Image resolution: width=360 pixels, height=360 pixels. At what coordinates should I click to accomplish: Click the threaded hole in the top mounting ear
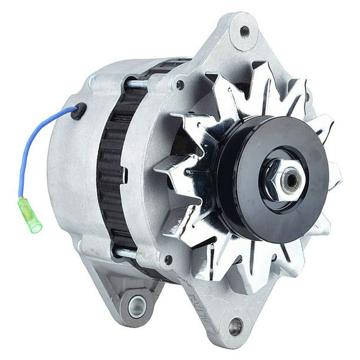click(x=244, y=31)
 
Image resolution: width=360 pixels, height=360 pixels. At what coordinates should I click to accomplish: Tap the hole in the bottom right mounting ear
click(x=235, y=325)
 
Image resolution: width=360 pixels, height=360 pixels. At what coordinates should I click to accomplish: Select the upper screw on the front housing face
click(x=180, y=85)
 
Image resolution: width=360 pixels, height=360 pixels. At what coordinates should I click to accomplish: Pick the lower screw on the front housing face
click(x=169, y=259)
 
